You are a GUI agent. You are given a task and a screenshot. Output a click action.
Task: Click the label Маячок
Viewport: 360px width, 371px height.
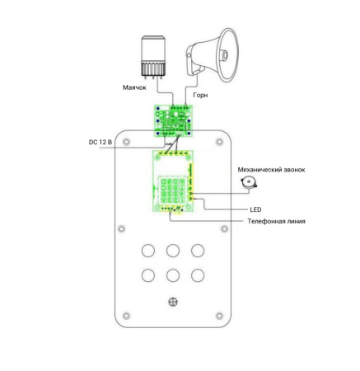(x=134, y=87)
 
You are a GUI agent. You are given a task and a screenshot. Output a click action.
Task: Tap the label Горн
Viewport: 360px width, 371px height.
(x=200, y=95)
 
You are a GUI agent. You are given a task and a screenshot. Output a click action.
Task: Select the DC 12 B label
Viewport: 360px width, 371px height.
(x=101, y=142)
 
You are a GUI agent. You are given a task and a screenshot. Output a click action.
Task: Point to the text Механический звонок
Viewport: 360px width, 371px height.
(x=271, y=170)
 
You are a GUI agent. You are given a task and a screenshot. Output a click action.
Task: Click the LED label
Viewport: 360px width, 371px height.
(x=255, y=209)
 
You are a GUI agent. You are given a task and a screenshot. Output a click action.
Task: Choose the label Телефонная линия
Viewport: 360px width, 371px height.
(x=276, y=221)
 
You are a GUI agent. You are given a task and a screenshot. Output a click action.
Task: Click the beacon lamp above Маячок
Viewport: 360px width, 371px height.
(x=153, y=56)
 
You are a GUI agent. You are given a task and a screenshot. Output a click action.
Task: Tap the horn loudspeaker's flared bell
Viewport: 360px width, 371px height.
(x=228, y=54)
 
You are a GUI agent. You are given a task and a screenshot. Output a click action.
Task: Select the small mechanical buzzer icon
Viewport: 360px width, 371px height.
(x=249, y=183)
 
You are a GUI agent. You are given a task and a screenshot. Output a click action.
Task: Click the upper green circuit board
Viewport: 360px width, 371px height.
(x=173, y=121)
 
